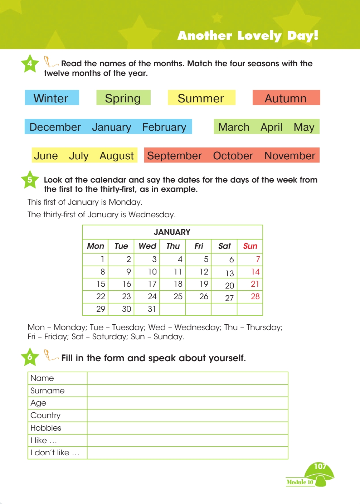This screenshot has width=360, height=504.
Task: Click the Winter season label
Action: (51, 98)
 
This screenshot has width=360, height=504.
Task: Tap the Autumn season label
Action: (286, 98)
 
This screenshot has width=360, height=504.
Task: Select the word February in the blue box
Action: (164, 127)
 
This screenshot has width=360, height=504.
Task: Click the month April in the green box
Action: (271, 127)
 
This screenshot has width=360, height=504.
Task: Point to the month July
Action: (79, 156)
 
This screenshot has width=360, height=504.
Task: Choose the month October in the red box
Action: (233, 156)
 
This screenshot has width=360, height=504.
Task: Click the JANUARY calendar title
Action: (172, 232)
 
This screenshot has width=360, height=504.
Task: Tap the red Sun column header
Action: (250, 246)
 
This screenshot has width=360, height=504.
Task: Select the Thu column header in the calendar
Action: (173, 246)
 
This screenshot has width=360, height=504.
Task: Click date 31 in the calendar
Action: (152, 309)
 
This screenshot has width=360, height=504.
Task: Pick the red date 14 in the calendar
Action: (255, 272)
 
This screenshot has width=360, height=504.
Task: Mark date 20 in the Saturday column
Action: (229, 285)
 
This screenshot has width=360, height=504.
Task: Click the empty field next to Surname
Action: (188, 391)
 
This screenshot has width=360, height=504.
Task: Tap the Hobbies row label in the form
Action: (46, 428)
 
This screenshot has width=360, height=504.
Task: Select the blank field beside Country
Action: (188, 415)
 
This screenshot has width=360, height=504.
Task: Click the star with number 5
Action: (30, 180)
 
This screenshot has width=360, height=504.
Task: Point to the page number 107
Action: (320, 466)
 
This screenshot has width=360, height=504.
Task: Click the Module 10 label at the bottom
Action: (300, 482)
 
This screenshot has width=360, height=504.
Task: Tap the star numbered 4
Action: (30, 64)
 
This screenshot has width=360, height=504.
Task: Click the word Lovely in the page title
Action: (259, 35)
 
